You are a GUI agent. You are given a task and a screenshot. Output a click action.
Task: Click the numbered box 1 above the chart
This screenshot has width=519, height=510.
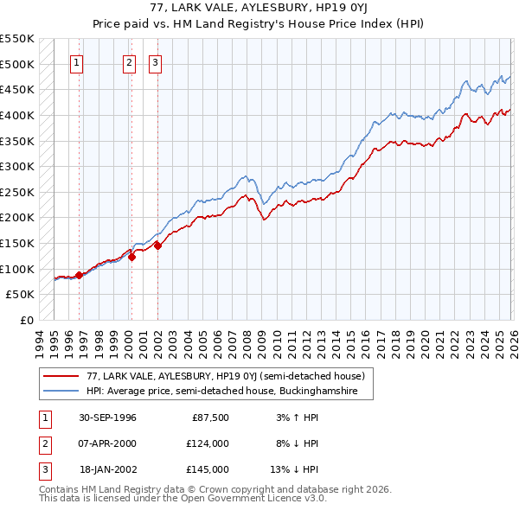[x=77, y=62]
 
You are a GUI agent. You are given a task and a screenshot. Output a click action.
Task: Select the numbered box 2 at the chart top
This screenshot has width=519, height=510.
[x=130, y=62]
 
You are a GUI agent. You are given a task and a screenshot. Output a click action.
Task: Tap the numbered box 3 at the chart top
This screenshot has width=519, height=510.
[x=156, y=62]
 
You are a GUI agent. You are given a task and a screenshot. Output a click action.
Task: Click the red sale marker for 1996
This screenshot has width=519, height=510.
[x=79, y=275]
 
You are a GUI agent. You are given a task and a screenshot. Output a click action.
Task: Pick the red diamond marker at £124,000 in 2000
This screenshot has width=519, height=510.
[x=131, y=256]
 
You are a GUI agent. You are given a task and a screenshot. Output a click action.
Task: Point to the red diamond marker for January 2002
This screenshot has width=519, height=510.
[x=158, y=245]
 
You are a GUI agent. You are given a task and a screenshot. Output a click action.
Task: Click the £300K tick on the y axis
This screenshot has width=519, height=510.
[x=17, y=166]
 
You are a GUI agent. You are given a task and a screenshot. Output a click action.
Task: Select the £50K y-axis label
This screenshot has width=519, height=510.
[x=21, y=295]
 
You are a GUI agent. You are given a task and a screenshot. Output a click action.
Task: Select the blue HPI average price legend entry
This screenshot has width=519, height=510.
[x=227, y=392]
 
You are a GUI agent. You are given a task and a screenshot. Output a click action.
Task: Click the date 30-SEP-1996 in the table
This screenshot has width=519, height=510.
[x=107, y=418]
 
